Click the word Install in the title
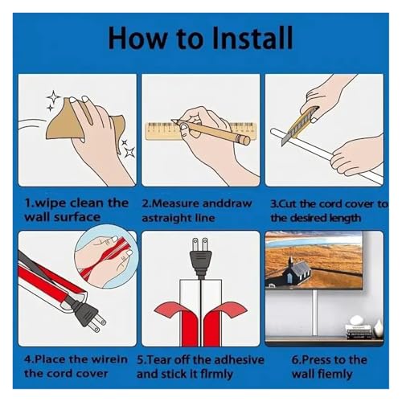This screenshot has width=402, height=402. (x=252, y=38)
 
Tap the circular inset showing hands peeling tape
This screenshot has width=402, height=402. (x=106, y=256)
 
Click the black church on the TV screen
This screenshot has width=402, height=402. (x=295, y=271)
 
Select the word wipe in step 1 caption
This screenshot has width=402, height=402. (x=50, y=203)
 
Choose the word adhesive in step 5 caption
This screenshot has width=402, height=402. (x=239, y=359)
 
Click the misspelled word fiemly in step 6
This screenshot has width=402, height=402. (x=336, y=375)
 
